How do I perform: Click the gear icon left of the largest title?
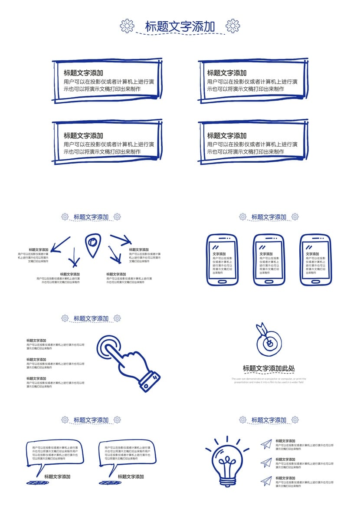pyautogui.click(x=127, y=26)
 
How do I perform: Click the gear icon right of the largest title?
pyautogui.click(x=233, y=26)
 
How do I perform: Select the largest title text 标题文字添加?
pyautogui.click(x=180, y=26)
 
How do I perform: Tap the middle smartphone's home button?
pyautogui.click(x=269, y=281)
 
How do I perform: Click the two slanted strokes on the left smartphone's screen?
pyautogui.click(x=214, y=247)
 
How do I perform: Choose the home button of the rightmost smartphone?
pyautogui.click(x=315, y=281)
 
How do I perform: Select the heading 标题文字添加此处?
pyautogui.click(x=269, y=369)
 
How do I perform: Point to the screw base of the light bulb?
pyautogui.click(x=227, y=481)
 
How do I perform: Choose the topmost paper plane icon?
pyautogui.click(x=266, y=443)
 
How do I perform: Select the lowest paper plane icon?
pyautogui.click(x=266, y=481)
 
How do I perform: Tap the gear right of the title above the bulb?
pyautogui.click(x=295, y=420)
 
